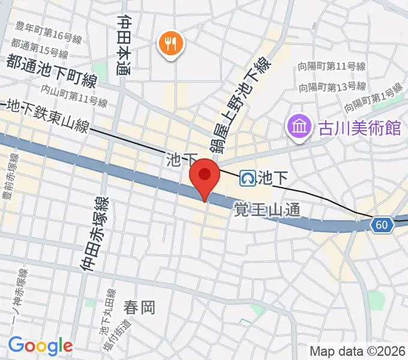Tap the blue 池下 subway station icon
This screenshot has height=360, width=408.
247,177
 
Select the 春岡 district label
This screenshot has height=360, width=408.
139,308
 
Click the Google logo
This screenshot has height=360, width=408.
40,345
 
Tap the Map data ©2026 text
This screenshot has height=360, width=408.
357,350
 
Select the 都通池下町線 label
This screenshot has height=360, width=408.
52,71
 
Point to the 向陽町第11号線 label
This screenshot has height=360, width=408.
331,67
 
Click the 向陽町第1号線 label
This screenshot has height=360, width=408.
374,98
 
